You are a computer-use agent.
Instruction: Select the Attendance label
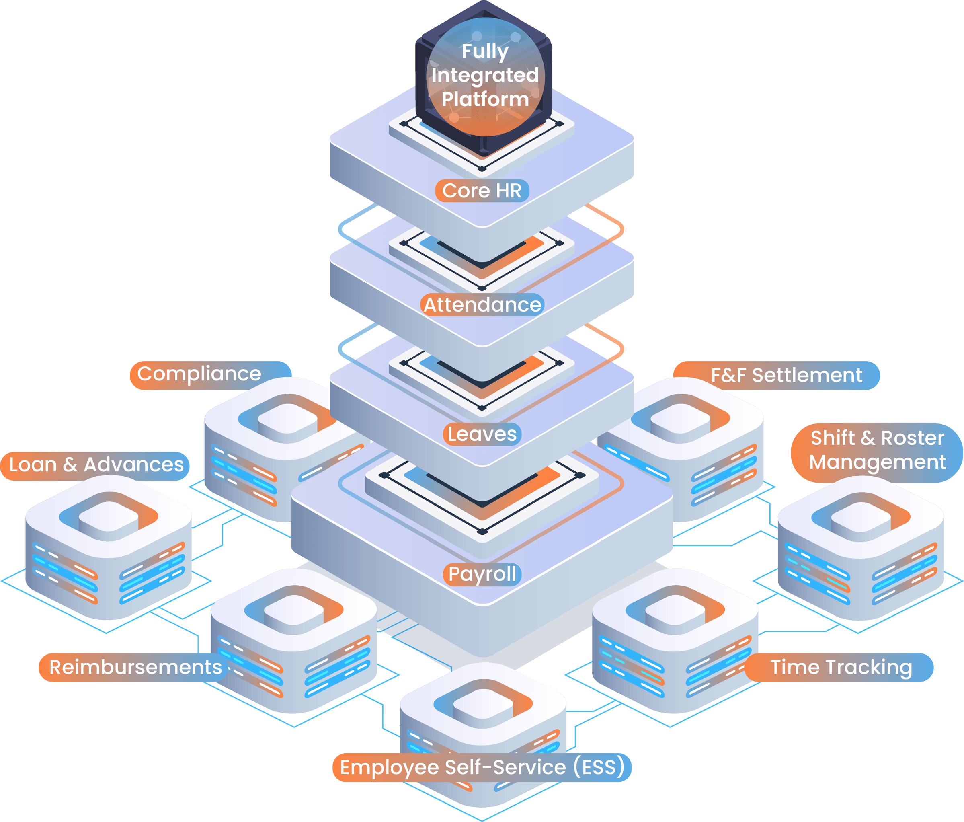pyautogui.click(x=482, y=305)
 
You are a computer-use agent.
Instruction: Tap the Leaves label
pyautogui.click(x=482, y=434)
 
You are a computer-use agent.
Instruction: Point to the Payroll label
pyautogui.click(x=482, y=574)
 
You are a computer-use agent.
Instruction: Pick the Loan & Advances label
pyautogui.click(x=96, y=465)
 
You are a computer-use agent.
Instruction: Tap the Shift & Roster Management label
pyautogui.click(x=877, y=450)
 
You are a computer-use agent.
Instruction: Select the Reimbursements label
pyautogui.click(x=135, y=667)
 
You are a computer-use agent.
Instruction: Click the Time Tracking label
pyautogui.click(x=840, y=667)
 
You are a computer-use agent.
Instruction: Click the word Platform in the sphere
pyautogui.click(x=485, y=99)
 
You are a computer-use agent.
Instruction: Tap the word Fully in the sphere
pyautogui.click(x=485, y=51)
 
